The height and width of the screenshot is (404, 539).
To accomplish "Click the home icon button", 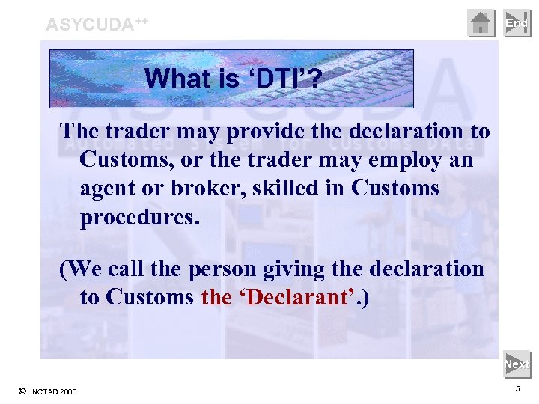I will pyautogui.click(x=481, y=23).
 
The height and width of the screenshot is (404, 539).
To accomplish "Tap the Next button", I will pyautogui.click(x=517, y=364).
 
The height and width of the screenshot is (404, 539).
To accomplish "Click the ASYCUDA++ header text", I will pyautogui.click(x=97, y=24).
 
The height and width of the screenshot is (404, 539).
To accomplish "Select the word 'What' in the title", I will pyautogui.click(x=171, y=79).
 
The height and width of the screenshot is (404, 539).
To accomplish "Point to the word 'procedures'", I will pyautogui.click(x=139, y=217).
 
